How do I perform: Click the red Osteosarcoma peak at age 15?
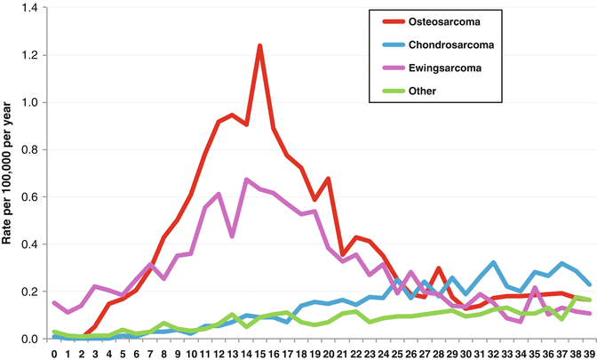coord(260,45)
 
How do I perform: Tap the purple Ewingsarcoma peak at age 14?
coord(246,180)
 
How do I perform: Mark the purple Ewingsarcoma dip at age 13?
coord(233,236)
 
